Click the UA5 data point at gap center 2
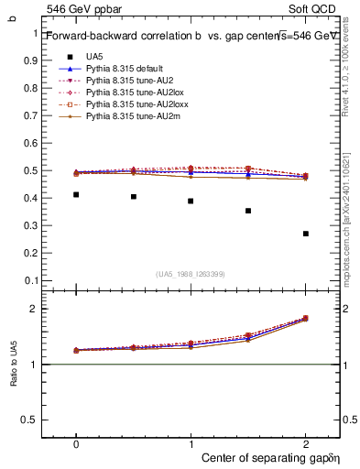tap(306, 234)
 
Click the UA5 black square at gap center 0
tap(76, 194)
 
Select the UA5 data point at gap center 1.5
tap(248, 211)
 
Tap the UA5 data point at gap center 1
tap(191, 201)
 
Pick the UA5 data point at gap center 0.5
tap(134, 196)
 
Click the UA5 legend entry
tap(94, 57)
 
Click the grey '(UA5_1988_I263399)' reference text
tap(190, 274)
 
